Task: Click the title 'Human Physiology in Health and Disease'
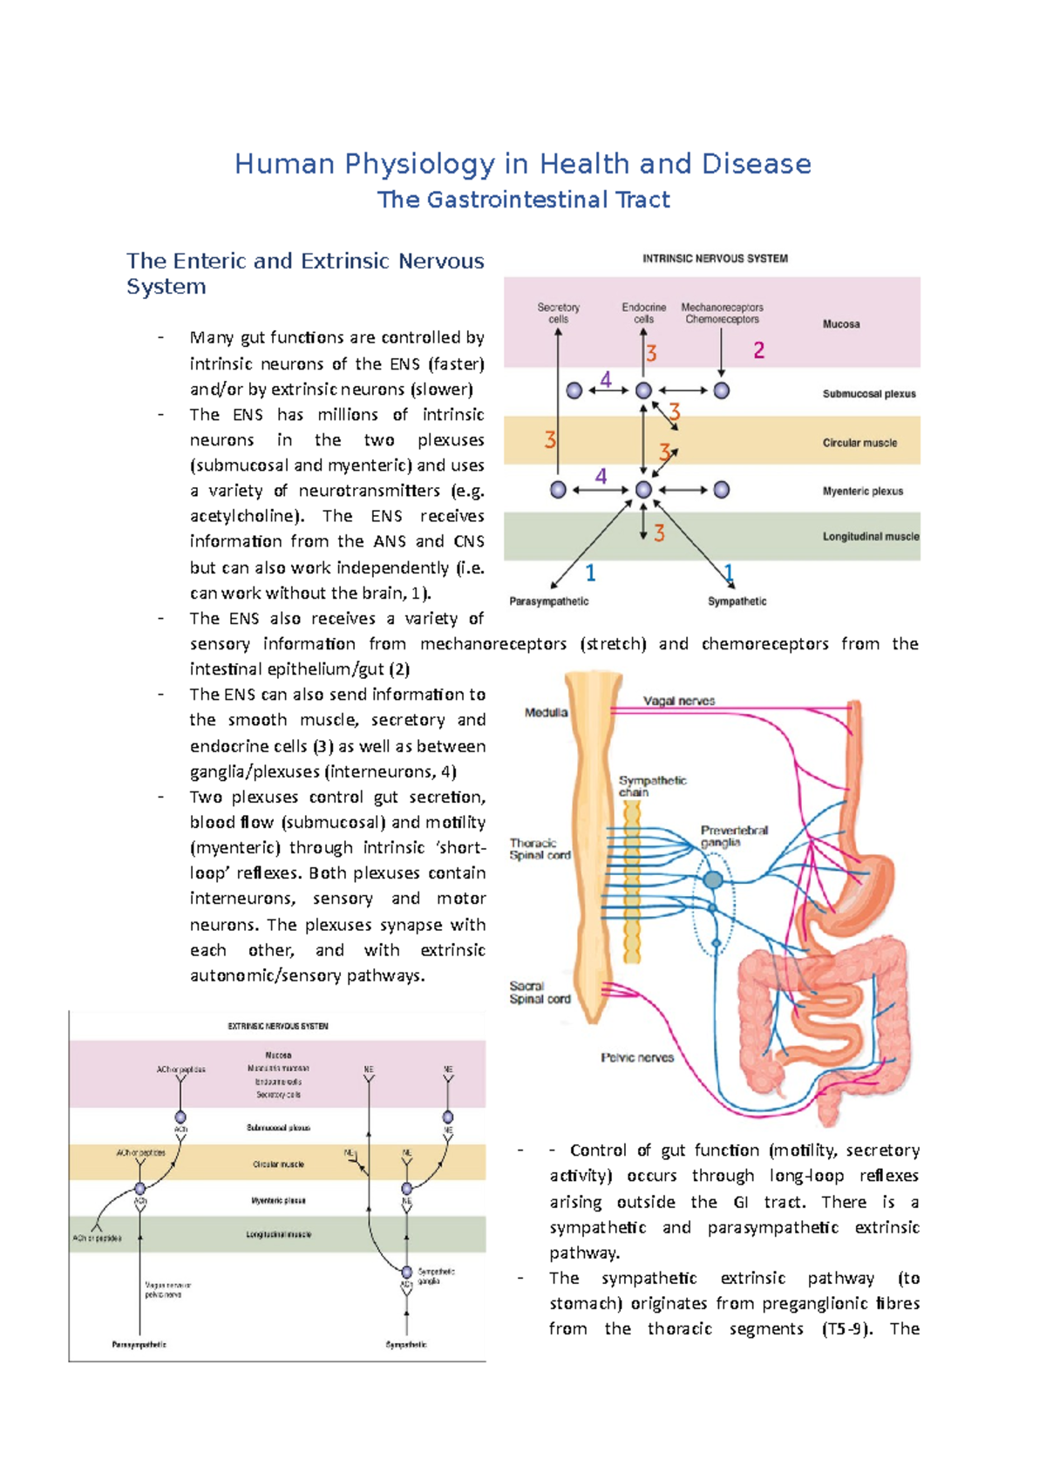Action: pyautogui.click(x=522, y=164)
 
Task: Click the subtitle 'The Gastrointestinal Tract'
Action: pyautogui.click(x=523, y=200)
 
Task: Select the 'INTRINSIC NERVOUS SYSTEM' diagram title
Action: pyautogui.click(x=715, y=258)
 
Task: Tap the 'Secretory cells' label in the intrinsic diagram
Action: pyautogui.click(x=558, y=313)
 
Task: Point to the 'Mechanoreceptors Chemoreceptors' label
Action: pyautogui.click(x=722, y=313)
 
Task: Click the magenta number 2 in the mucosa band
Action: pyautogui.click(x=759, y=350)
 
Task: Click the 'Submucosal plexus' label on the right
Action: pyautogui.click(x=869, y=394)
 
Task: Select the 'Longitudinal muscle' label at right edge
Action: pyautogui.click(x=870, y=537)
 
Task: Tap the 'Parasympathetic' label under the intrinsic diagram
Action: pyautogui.click(x=548, y=601)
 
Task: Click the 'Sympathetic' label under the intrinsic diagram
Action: pyautogui.click(x=737, y=601)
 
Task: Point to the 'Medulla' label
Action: pyautogui.click(x=546, y=712)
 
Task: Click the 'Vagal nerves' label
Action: pyautogui.click(x=679, y=701)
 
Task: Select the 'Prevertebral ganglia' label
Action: pyautogui.click(x=734, y=836)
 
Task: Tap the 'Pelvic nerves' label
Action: pyautogui.click(x=637, y=1057)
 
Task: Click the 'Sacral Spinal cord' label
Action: pyautogui.click(x=540, y=993)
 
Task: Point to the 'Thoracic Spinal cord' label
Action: pyautogui.click(x=540, y=849)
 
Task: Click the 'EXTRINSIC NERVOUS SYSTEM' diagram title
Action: pyautogui.click(x=278, y=1026)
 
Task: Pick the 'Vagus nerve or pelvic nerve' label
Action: pyautogui.click(x=168, y=1290)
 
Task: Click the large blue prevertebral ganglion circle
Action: pyautogui.click(x=713, y=880)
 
